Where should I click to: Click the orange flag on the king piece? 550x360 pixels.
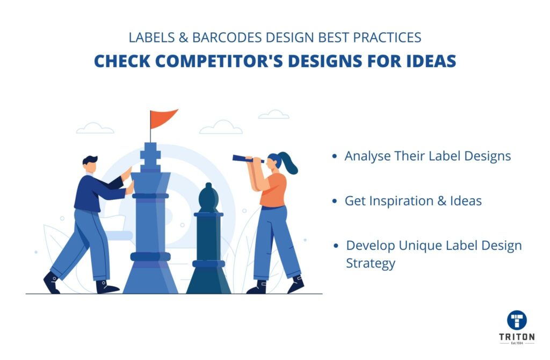tap(162, 118)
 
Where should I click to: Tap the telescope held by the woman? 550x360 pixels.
tap(248, 159)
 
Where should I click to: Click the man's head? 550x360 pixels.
tap(90, 164)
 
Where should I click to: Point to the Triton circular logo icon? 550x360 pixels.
tap(517, 320)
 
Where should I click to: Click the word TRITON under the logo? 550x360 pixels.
tap(517, 337)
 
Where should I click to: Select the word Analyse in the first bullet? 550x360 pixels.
tap(367, 156)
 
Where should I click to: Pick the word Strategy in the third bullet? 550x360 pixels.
tap(371, 263)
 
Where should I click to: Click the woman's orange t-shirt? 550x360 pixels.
tap(272, 190)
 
